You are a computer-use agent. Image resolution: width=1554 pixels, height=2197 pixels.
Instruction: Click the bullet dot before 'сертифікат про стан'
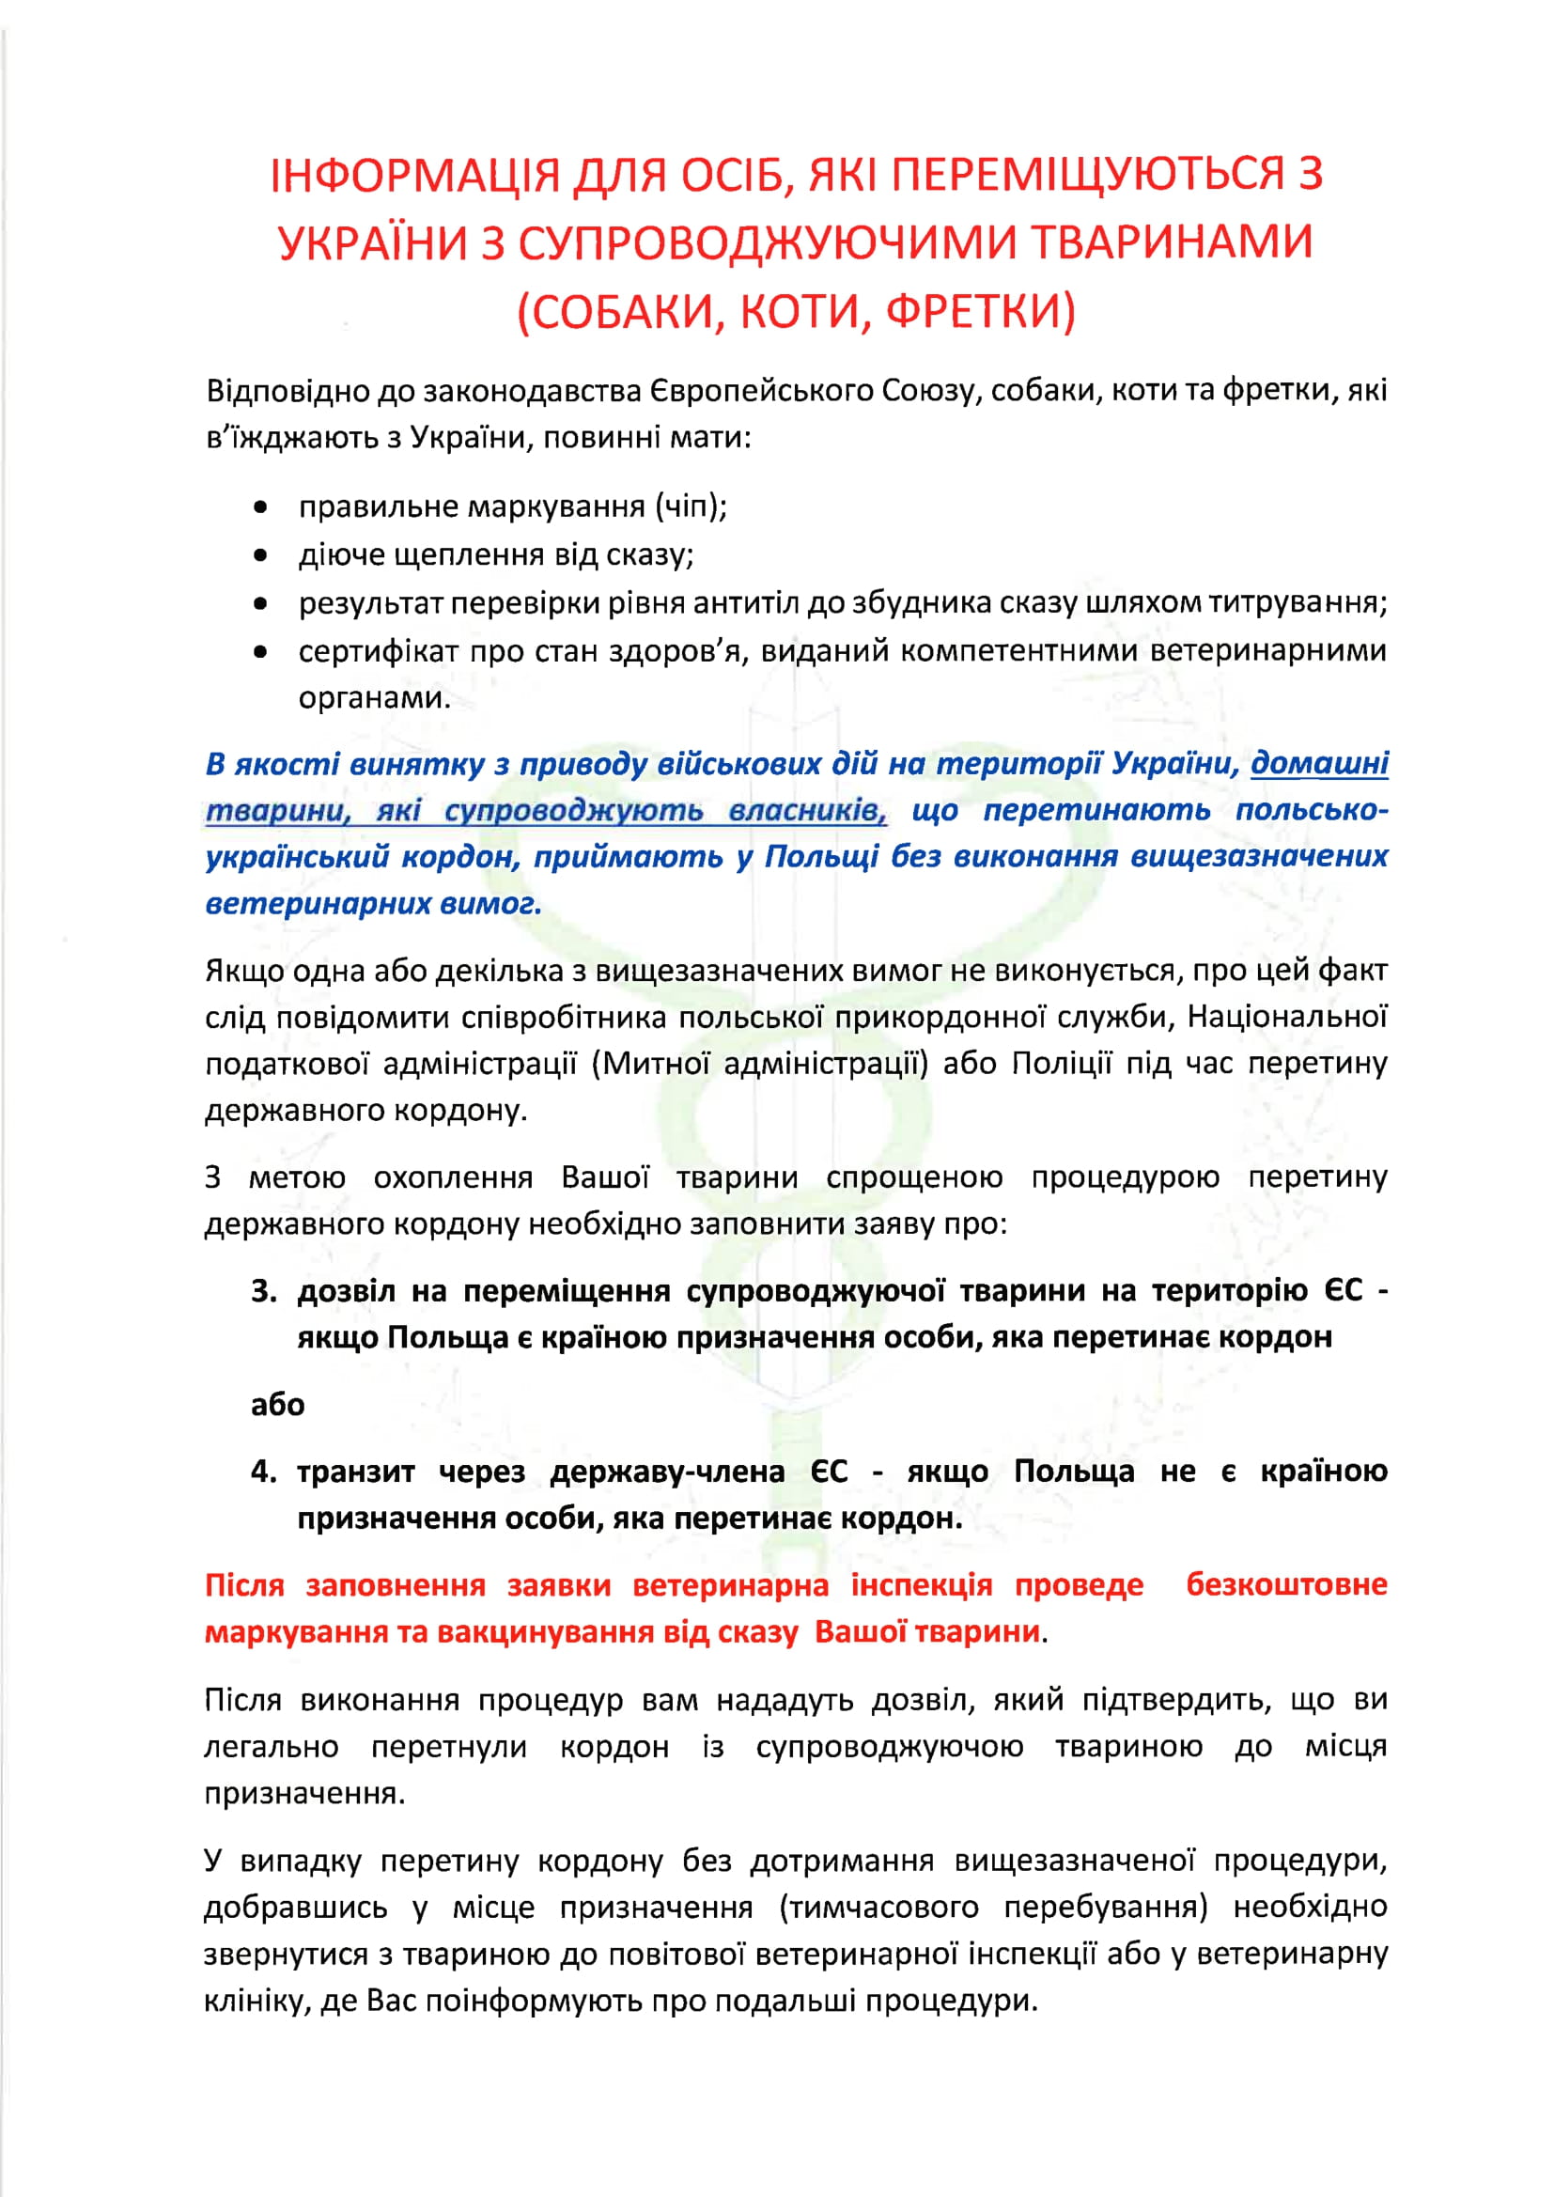(260, 651)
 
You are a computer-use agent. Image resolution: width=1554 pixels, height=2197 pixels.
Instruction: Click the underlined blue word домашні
(1319, 764)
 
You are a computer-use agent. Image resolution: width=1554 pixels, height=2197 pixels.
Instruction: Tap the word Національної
(1287, 1016)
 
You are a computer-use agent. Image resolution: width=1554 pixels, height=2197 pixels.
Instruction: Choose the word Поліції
(1063, 1063)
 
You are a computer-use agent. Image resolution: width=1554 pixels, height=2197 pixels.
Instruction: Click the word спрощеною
(914, 1176)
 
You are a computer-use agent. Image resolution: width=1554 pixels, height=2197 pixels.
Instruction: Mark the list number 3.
(263, 1291)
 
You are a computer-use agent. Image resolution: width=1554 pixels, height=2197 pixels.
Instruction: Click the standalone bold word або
(277, 1404)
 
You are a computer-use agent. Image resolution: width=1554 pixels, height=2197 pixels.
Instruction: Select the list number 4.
(263, 1471)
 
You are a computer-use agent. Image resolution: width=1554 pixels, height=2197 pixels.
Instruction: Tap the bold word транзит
(356, 1471)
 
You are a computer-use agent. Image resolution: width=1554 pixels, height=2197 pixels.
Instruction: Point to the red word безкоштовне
(1286, 1583)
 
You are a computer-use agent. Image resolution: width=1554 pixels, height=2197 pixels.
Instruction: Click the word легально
(272, 1746)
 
